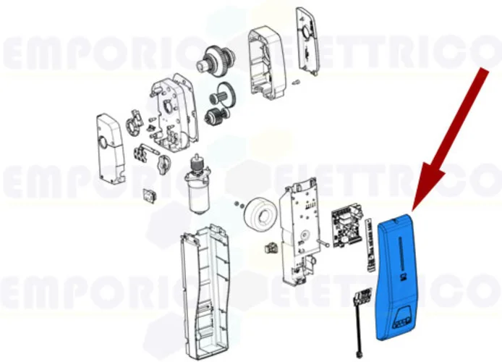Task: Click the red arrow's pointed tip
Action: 414,210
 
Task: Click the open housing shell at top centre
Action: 268,65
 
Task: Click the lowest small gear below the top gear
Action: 217,116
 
